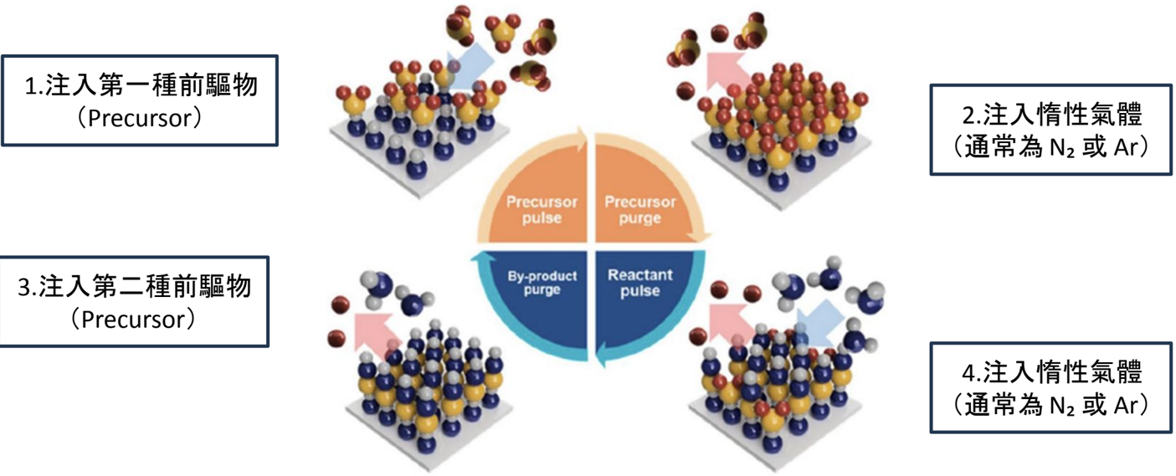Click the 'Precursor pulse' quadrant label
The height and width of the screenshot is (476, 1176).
(542, 210)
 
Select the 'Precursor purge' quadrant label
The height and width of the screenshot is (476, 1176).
(640, 210)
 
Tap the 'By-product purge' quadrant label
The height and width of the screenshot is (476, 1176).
(542, 283)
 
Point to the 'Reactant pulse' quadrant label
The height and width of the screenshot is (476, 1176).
(640, 283)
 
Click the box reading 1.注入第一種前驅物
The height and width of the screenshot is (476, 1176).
(140, 100)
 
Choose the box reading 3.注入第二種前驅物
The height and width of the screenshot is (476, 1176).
(135, 301)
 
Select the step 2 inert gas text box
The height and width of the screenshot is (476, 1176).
(1051, 130)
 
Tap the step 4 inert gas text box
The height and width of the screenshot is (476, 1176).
(1051, 388)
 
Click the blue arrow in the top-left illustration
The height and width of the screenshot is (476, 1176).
(469, 71)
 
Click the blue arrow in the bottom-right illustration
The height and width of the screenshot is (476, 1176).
(818, 323)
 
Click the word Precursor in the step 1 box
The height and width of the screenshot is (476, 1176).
(139, 119)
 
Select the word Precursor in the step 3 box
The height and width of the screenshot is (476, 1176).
(133, 320)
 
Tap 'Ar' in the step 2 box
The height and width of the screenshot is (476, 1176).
(1125, 147)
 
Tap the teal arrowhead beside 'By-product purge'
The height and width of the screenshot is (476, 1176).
(479, 257)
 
